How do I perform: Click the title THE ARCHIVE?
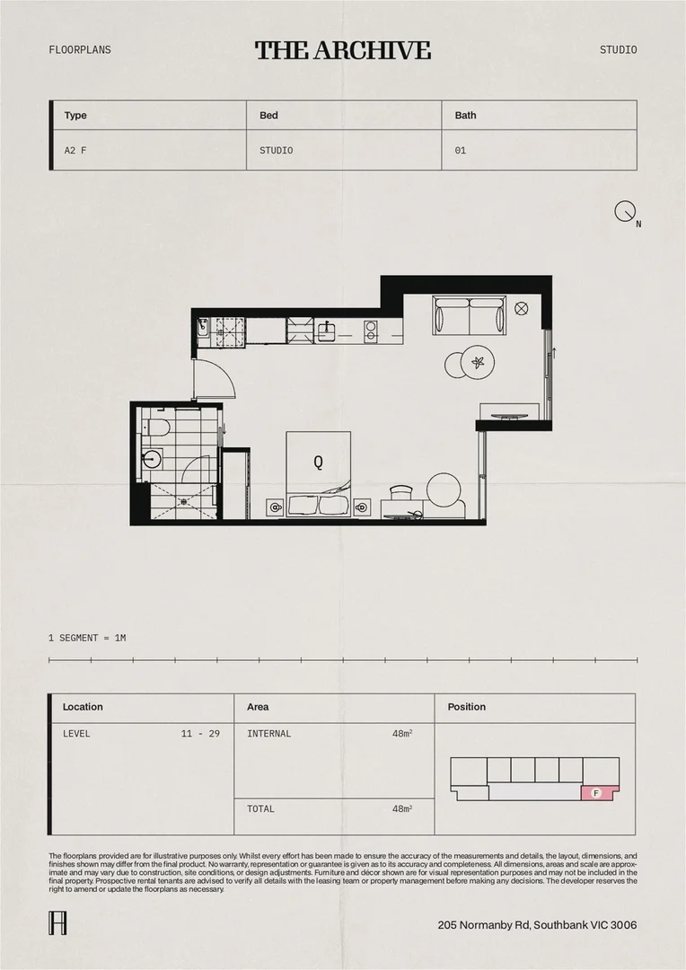coord(342,50)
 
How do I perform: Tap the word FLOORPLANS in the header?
coord(80,50)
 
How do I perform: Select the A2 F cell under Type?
coord(75,151)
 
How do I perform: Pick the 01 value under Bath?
coord(461,151)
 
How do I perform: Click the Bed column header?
coord(268,116)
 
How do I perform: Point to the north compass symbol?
coord(625,212)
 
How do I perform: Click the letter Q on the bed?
coord(318,463)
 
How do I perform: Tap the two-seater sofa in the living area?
coord(469,314)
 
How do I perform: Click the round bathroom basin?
coord(151,460)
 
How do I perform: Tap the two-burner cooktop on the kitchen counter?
coord(370,331)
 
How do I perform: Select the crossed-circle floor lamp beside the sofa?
coord(521,308)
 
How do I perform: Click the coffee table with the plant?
coord(477,363)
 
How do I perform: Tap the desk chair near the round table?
coord(401,492)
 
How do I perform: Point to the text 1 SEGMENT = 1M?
coord(87,638)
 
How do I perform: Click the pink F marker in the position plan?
coord(596,793)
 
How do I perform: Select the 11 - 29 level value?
coord(200,734)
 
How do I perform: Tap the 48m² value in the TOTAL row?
coord(401,809)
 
